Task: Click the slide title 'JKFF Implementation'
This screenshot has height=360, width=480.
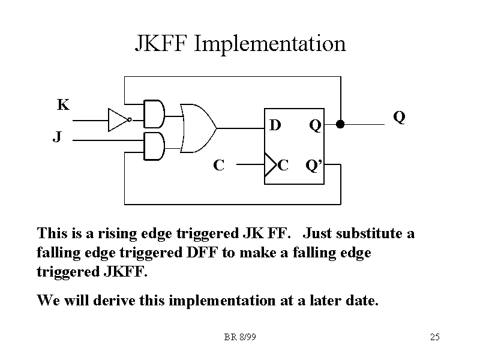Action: pyautogui.click(x=240, y=44)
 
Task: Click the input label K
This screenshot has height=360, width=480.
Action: pyautogui.click(x=63, y=106)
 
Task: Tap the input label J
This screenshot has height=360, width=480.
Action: pyautogui.click(x=56, y=137)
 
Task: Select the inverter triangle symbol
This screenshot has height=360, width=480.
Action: pyautogui.click(x=118, y=119)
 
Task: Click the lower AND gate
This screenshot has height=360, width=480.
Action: pyautogui.click(x=154, y=147)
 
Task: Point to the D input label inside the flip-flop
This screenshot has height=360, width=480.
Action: pyautogui.click(x=275, y=125)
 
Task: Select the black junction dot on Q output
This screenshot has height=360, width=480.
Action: pyautogui.click(x=340, y=125)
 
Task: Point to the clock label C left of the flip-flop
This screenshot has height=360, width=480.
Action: pyautogui.click(x=220, y=164)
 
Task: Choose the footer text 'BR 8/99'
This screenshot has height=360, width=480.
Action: pyautogui.click(x=240, y=337)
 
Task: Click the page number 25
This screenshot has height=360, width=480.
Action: pyautogui.click(x=435, y=337)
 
